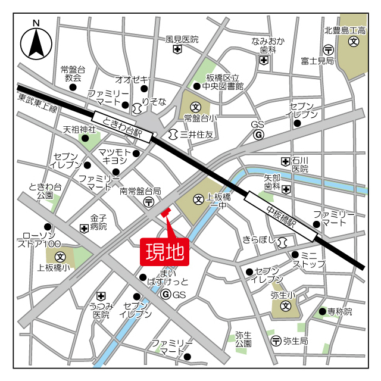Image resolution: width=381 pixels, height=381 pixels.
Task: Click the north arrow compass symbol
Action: click(x=36, y=41)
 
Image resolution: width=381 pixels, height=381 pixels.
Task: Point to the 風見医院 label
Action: click(x=182, y=39)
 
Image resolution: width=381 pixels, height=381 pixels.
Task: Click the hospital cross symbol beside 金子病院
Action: click(x=83, y=227)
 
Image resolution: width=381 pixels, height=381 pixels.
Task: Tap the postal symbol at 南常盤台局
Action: click(x=148, y=202)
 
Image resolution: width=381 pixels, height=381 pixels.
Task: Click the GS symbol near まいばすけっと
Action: click(x=166, y=295)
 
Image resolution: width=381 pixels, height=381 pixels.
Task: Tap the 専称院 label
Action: click(x=340, y=311)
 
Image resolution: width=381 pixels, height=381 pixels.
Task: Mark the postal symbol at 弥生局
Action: click(x=276, y=341)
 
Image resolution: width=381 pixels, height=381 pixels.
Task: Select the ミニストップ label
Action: click(x=308, y=259)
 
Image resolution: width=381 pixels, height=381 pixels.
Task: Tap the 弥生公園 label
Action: click(x=243, y=339)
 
